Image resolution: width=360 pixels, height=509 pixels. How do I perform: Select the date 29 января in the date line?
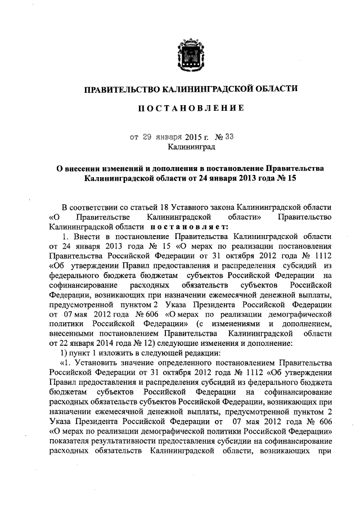(x=157, y=137)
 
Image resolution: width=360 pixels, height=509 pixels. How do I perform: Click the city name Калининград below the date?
(x=191, y=147)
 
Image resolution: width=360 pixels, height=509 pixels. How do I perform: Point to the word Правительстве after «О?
(x=102, y=217)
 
